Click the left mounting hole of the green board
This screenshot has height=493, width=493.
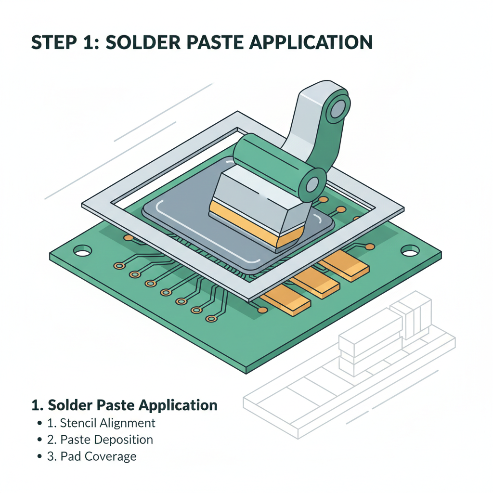82,251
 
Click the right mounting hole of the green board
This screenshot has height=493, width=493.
410,250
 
